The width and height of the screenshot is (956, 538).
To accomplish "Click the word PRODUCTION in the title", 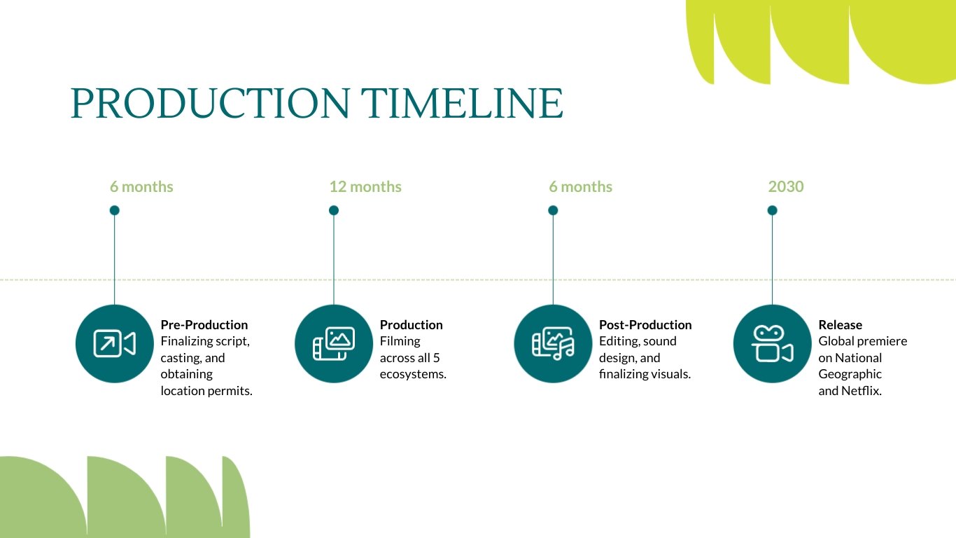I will [209, 103].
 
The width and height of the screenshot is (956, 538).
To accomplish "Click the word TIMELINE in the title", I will [463, 103].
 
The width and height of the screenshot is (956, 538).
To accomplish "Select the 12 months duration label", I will [365, 186].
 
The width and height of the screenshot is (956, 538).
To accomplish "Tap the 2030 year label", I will [786, 186].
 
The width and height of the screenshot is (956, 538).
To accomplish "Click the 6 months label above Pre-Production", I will [141, 186].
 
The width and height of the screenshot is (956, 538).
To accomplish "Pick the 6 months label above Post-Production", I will [580, 186].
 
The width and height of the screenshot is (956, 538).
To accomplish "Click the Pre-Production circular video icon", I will [114, 344].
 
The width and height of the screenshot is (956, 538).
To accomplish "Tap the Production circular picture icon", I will [334, 344].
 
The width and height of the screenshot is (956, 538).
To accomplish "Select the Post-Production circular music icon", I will [553, 344].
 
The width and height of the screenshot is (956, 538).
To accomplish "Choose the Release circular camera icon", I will [772, 344].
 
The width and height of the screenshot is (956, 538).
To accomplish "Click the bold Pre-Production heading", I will [204, 325].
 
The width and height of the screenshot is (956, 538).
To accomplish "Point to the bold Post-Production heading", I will [645, 325].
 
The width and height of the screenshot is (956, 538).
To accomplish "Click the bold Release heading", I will [840, 325].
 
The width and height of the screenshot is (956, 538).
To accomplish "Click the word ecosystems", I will [413, 374].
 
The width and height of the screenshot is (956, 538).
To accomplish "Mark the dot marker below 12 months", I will [334, 210].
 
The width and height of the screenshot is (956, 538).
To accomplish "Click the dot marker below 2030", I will [772, 210].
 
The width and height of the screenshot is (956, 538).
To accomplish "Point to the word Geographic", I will [850, 374].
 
